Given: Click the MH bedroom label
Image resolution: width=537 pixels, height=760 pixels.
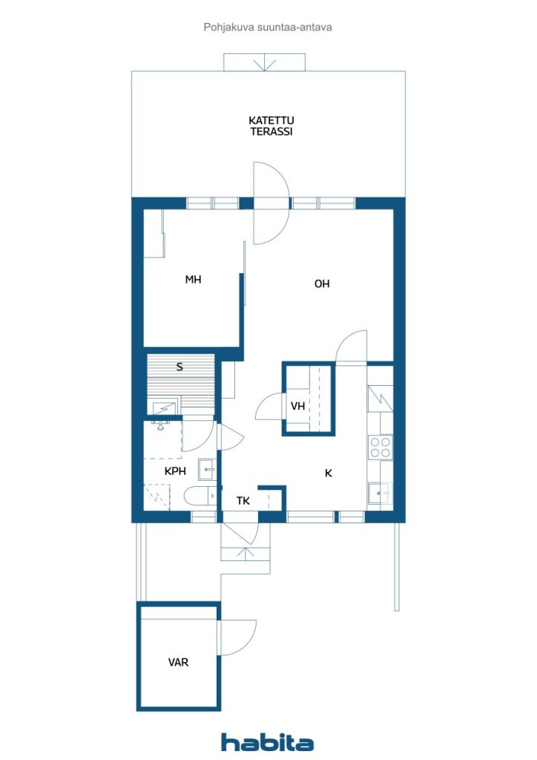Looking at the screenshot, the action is pos(193,279).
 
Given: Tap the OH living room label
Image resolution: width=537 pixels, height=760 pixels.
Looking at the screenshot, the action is pos(322,284).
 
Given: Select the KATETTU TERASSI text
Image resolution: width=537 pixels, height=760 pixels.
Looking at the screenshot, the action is pos(271,125).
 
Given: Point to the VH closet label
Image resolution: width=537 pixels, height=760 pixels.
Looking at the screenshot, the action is pos(297,406).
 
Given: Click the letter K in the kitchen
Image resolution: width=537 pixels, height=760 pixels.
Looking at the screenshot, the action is pos(329,473).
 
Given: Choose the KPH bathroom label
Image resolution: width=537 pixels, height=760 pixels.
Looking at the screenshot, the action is pos(175,471).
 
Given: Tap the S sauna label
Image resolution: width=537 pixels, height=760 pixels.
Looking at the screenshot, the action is pos(179,367).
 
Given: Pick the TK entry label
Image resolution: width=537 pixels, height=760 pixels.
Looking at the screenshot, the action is pos(243,501).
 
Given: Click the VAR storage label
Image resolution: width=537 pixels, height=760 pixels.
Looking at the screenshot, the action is pos(178,662).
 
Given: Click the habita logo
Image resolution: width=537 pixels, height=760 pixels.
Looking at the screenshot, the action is pos(267,742).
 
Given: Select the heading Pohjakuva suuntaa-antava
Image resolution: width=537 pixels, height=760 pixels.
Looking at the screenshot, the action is pos(268,27).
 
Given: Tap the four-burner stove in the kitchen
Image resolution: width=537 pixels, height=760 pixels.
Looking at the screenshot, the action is pos(380,448).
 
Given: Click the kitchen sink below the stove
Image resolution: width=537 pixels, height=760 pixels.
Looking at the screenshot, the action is pos(380,494).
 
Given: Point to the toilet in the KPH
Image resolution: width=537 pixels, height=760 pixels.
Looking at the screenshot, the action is pos(200,496).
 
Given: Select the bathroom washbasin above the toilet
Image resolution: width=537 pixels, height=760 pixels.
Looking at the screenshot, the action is pos(208,470).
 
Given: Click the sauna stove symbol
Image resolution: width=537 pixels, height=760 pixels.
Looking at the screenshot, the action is pos(165,409).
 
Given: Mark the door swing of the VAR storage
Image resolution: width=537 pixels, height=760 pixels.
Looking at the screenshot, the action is pos(238,637).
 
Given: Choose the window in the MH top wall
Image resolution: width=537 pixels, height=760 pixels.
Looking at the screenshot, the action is pos(213,203).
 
